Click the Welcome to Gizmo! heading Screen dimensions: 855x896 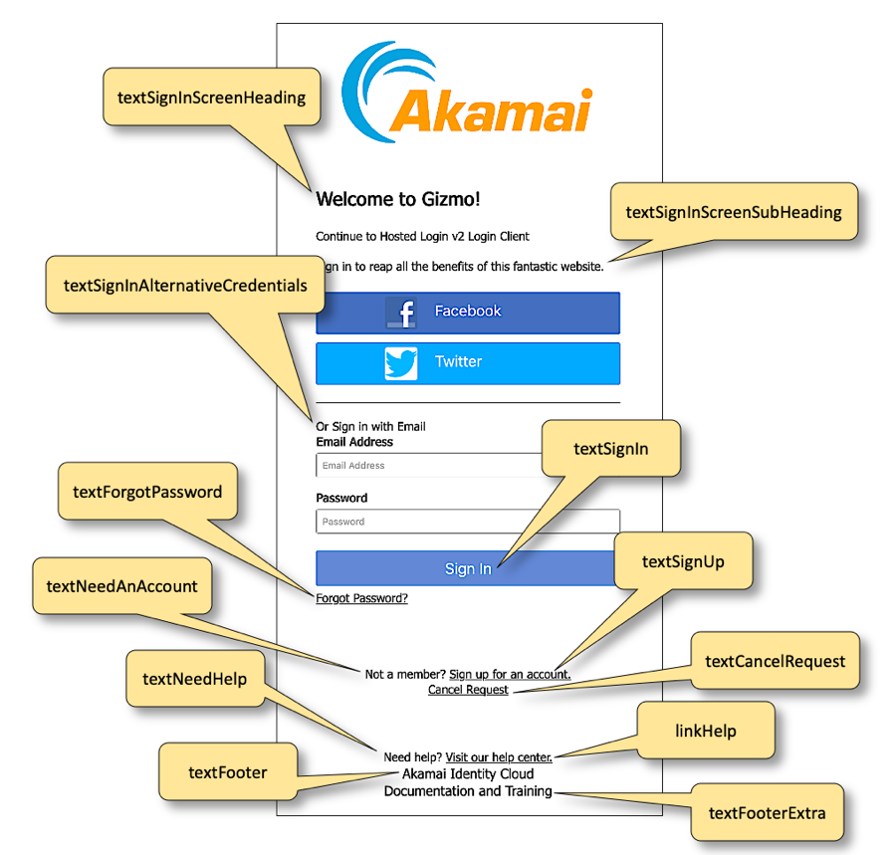398,199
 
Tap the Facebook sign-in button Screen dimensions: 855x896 468,312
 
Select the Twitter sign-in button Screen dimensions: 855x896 468,362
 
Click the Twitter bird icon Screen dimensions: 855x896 401,363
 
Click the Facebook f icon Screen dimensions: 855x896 401,313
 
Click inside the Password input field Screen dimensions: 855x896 468,522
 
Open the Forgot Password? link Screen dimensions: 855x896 361,598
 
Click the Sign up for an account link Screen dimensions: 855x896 510,675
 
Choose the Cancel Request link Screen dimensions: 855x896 468,690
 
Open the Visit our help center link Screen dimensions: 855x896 499,757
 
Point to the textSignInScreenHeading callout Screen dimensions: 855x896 211,98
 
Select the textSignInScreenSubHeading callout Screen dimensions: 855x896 734,212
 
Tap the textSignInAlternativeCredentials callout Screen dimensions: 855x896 185,286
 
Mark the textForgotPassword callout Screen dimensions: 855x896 147,492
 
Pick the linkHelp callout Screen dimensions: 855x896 706,732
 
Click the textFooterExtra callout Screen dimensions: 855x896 767,813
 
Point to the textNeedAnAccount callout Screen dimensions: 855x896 121,586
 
